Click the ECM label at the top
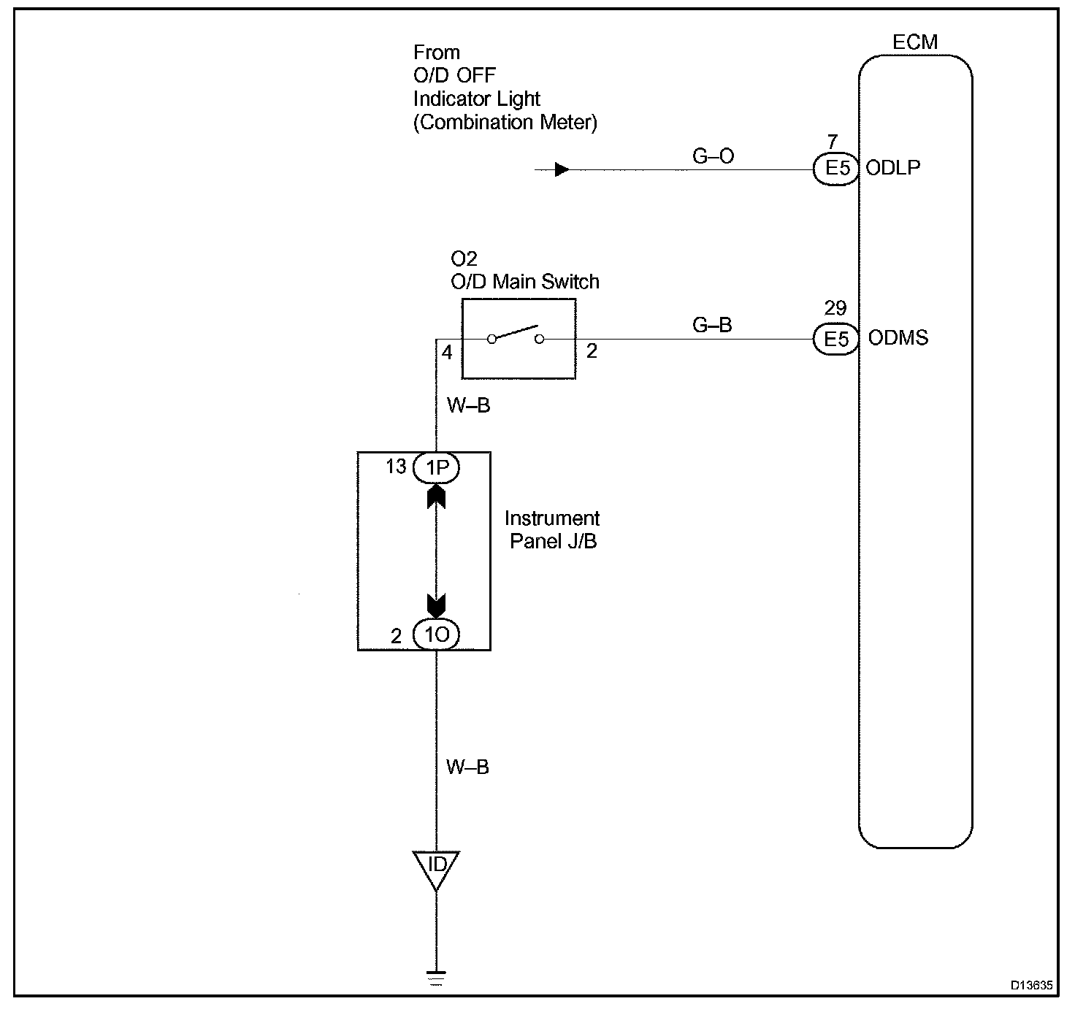coord(915,42)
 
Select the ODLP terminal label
coord(893,167)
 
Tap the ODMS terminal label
coord(898,338)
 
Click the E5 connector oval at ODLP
coord(836,169)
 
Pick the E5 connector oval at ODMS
coord(836,339)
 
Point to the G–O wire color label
coord(713,156)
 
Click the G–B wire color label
coord(712,325)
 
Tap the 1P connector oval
coord(436,467)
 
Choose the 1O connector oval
coord(436,635)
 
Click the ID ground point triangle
coord(436,867)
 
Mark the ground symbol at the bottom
coord(436,978)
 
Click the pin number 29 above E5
coord(835,308)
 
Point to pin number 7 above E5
coord(833,142)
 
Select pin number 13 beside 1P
coord(396,466)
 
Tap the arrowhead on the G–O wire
coord(562,169)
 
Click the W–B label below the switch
coord(468,406)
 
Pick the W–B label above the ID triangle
coord(467,767)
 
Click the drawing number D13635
coord(1031,985)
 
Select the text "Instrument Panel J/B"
coord(552,529)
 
